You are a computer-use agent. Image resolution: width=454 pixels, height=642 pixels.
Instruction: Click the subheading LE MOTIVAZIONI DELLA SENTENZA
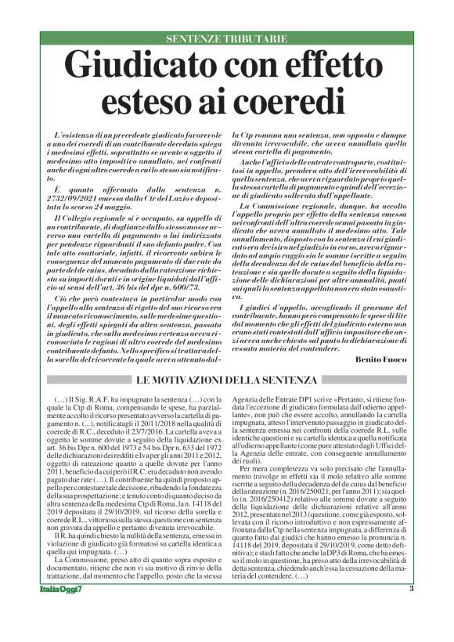(226, 381)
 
